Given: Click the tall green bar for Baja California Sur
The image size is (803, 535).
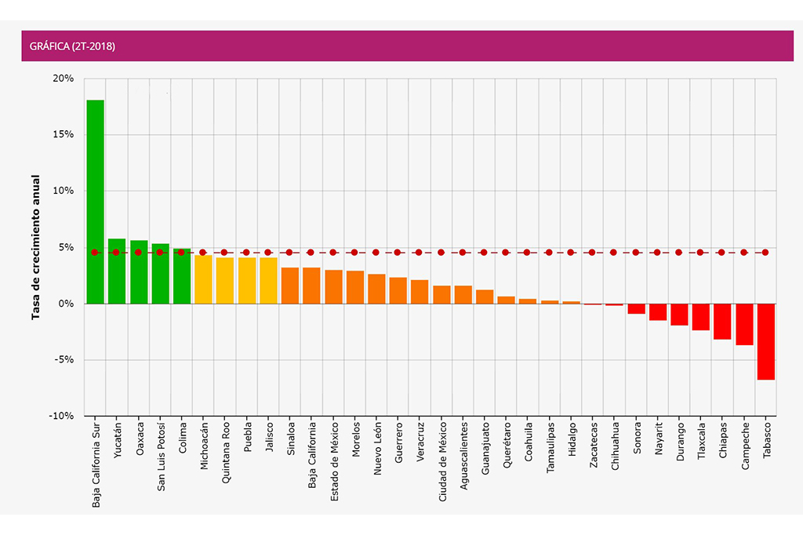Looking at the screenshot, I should (x=95, y=202).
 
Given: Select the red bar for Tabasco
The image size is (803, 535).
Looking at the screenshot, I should (x=765, y=341).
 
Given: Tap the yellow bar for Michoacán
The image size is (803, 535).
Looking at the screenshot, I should (x=203, y=279).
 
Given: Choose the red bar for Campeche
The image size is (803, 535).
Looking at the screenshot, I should (x=744, y=324).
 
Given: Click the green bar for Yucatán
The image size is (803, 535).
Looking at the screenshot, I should (x=117, y=271).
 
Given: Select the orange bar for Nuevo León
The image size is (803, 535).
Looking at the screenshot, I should (x=376, y=289).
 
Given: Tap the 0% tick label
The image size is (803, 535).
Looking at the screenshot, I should (x=66, y=304).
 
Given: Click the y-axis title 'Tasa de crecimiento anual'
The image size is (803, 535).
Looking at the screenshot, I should (x=35, y=248).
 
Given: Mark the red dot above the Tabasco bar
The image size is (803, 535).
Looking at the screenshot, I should (x=765, y=253).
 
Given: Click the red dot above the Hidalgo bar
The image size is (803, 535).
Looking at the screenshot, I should (x=571, y=253).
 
